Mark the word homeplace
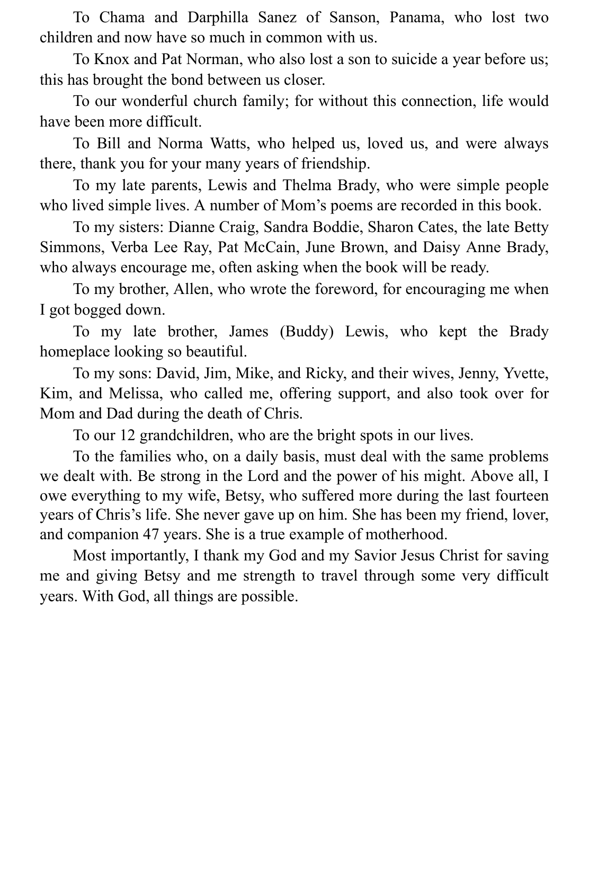pyautogui.click(x=75, y=352)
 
